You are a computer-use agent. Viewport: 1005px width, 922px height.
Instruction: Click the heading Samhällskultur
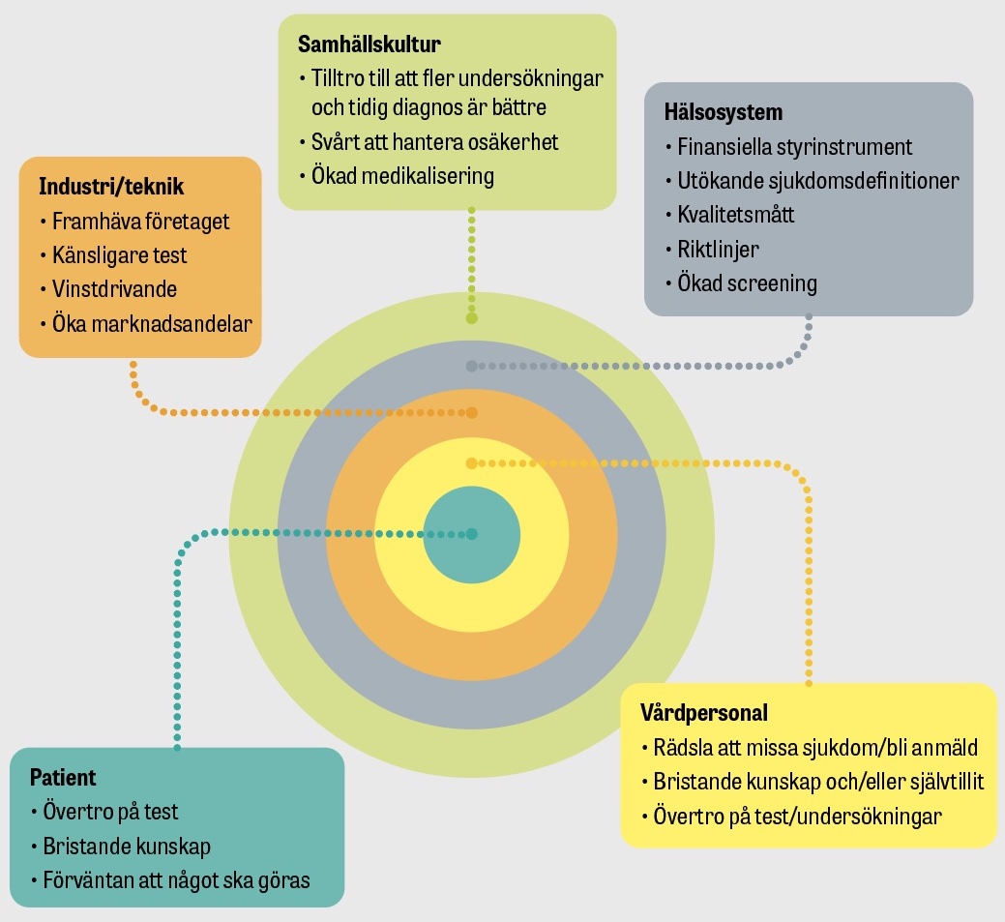(369, 45)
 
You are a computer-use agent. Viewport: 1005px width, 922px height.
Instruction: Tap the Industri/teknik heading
(111, 186)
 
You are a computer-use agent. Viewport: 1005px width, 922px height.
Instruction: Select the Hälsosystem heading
(724, 112)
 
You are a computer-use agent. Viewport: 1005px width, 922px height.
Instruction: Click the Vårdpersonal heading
(704, 713)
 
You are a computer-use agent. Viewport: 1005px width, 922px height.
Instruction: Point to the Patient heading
(63, 777)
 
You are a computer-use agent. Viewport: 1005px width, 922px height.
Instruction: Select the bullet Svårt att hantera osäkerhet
(434, 142)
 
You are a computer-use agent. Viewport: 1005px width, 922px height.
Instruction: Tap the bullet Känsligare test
(120, 255)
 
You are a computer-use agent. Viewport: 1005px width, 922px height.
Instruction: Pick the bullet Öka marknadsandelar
(152, 323)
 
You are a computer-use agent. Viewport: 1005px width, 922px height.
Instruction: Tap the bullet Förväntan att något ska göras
(176, 880)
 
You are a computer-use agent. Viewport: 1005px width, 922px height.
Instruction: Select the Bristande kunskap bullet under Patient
(127, 847)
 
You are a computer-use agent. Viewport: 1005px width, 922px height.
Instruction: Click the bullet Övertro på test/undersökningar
(797, 816)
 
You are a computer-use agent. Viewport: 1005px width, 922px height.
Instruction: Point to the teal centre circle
(471, 534)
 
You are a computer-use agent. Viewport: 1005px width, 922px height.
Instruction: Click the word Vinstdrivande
(114, 289)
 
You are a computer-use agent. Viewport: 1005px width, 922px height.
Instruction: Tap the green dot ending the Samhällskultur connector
(471, 317)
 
